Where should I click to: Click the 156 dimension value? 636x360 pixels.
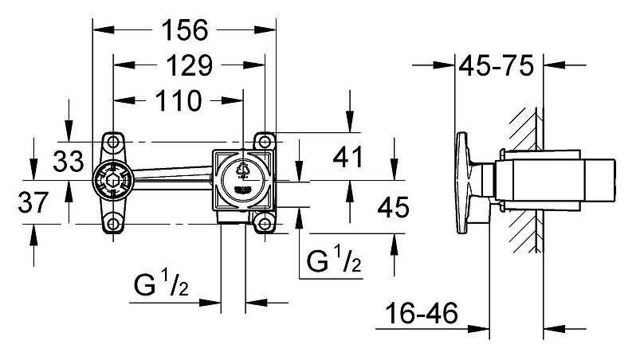tap(185, 30)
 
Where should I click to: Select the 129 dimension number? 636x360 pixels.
tap(190, 65)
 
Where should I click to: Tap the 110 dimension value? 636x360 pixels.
tap(179, 101)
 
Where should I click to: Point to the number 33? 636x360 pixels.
tap(69, 161)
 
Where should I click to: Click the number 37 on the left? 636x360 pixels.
tap(33, 203)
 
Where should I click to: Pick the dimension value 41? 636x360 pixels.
tap(347, 157)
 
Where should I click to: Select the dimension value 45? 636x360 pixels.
tap(393, 207)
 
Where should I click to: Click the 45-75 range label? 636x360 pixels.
tap(496, 65)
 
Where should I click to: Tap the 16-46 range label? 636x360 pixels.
tap(421, 313)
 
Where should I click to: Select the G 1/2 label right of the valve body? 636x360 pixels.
tap(333, 260)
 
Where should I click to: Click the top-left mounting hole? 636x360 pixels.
tap(113, 142)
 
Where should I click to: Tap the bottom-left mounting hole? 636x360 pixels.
tap(113, 223)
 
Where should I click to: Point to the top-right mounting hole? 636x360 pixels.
tap(265, 142)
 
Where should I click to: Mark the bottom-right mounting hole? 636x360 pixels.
tap(265, 223)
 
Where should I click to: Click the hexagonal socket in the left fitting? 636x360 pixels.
tap(113, 181)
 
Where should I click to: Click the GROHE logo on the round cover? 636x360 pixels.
tap(243, 190)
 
